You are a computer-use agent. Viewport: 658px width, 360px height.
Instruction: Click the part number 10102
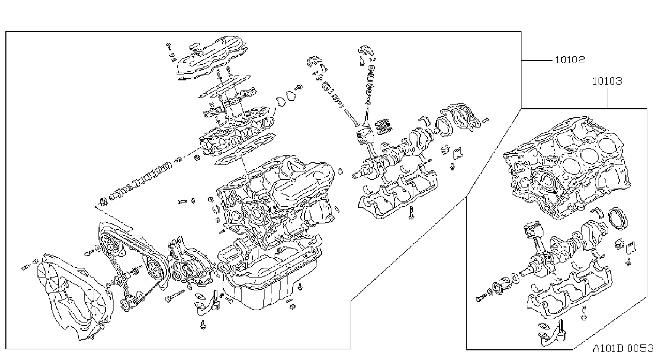tap(570, 60)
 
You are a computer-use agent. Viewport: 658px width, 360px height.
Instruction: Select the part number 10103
tap(607, 81)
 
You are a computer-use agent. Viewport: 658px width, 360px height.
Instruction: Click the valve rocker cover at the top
tap(212, 57)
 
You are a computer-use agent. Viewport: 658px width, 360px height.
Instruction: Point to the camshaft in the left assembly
tap(140, 181)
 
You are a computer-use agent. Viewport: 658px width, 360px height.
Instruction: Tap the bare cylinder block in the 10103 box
tap(567, 168)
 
